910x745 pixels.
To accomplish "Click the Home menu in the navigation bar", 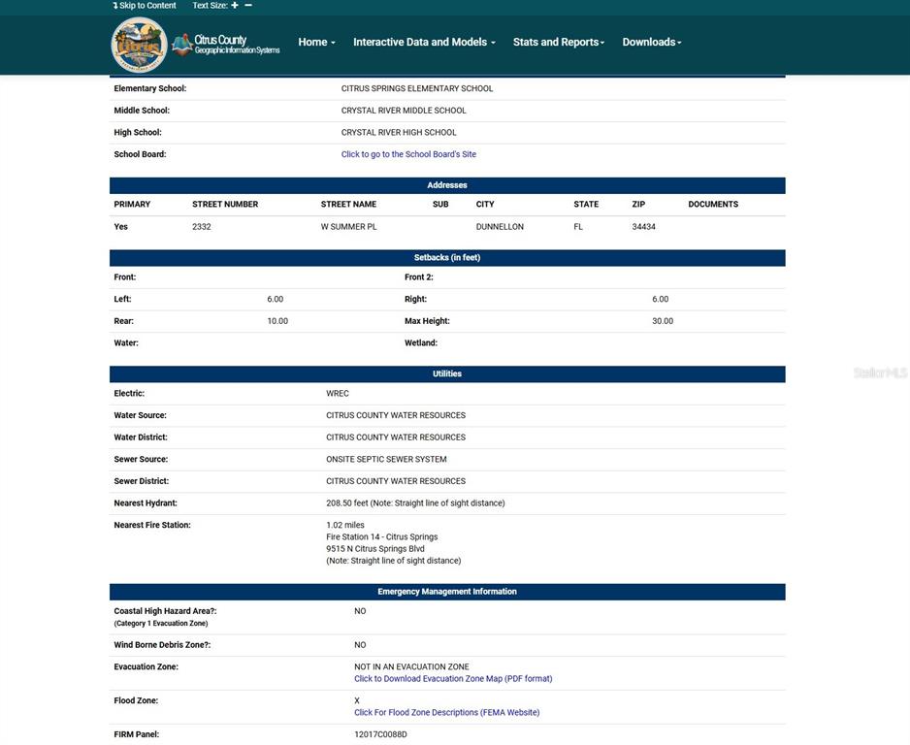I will (316, 43).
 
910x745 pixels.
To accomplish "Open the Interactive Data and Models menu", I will (424, 43).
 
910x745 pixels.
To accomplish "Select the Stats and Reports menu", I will (558, 43).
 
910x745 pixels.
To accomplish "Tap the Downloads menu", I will (651, 43).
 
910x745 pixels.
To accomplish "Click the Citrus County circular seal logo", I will (139, 45).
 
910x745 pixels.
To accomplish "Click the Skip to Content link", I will (145, 6).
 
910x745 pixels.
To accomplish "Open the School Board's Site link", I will (408, 154).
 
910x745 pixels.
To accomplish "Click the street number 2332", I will (202, 227).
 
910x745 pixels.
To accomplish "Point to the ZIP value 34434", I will (644, 227).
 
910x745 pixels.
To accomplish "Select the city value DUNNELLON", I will (500, 227).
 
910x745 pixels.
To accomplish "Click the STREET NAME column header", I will (348, 205).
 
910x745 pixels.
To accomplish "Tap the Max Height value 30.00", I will (663, 321).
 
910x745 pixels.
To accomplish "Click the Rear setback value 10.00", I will (277, 321).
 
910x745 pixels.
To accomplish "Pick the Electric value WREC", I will (338, 394).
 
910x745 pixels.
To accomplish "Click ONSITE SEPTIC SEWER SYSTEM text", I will (386, 460).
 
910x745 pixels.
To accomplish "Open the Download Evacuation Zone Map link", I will (453, 679).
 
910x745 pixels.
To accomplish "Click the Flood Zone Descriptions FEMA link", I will (446, 713).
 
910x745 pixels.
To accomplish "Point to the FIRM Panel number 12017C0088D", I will (380, 734).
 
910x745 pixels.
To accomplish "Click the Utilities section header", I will (447, 374).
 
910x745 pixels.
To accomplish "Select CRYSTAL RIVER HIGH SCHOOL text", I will (399, 133).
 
